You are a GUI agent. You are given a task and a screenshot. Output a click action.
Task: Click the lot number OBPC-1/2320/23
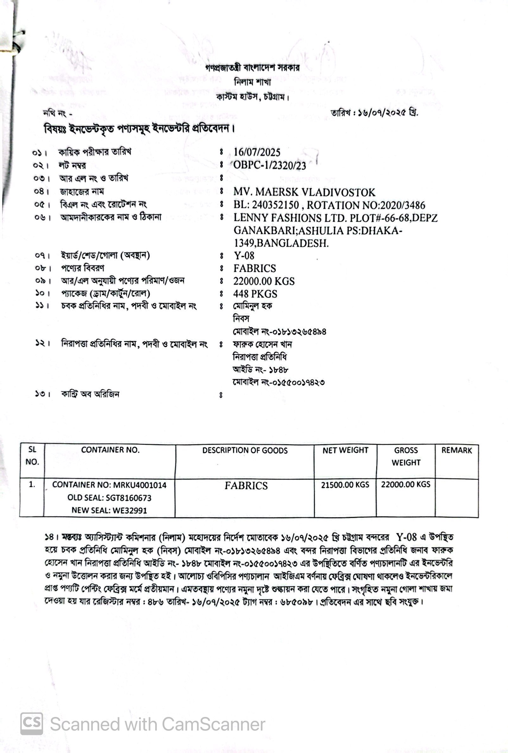click(270, 165)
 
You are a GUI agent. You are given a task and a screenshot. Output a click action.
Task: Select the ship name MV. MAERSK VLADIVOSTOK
click(304, 192)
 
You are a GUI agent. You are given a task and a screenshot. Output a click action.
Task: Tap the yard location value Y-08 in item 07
click(244, 256)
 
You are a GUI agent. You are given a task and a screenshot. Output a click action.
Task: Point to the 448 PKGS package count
click(255, 294)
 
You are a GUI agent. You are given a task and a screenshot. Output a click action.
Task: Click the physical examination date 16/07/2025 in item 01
click(257, 152)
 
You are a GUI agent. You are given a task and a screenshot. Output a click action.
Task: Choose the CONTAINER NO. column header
click(110, 450)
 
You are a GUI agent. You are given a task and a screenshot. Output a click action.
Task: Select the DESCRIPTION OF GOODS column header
click(245, 451)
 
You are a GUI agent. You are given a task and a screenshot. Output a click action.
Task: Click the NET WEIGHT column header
click(345, 450)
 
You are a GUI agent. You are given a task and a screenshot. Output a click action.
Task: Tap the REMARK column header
click(456, 450)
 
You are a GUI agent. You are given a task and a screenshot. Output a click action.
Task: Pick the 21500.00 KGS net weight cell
click(345, 484)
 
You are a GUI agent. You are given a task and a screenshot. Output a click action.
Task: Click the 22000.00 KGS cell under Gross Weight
click(406, 484)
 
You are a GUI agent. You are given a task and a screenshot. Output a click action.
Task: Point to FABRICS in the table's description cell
click(246, 486)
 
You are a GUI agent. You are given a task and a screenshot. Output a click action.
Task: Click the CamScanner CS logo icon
click(32, 724)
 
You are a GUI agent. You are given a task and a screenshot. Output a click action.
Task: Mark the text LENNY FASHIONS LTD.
click(290, 218)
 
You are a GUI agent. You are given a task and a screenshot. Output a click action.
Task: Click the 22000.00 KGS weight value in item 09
click(264, 281)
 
